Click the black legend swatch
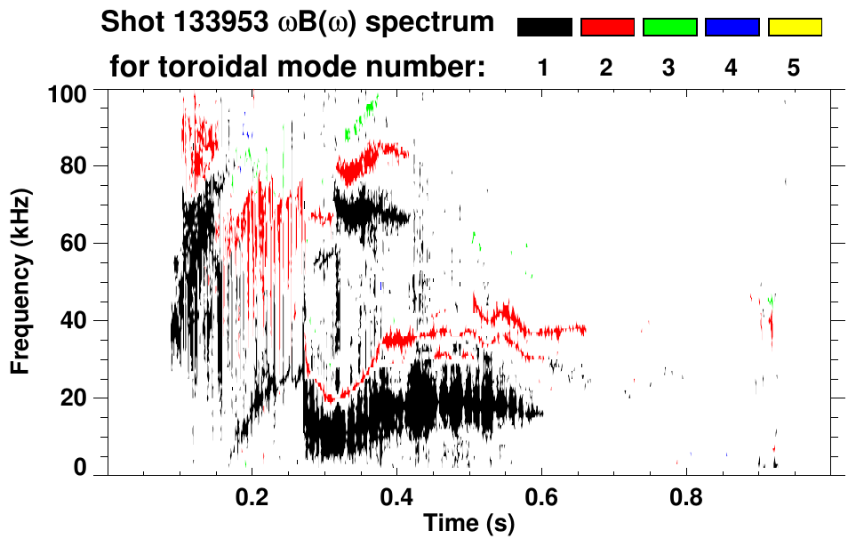click(545, 28)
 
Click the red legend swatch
click(607, 28)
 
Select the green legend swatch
click(669, 28)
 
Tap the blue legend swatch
click(732, 28)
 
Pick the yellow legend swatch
click(795, 28)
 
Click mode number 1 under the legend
click(543, 68)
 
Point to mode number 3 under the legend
click(668, 68)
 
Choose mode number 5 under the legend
click(793, 68)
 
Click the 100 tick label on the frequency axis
click(68, 92)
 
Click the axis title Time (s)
click(468, 525)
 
